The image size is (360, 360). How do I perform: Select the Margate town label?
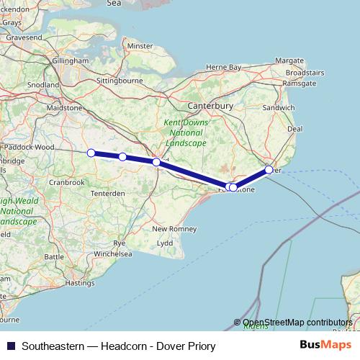pos(289,60)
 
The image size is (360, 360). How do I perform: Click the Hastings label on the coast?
pos(79,283)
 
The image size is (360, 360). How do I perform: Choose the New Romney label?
pos(169,229)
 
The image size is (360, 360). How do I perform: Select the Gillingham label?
pos(69,61)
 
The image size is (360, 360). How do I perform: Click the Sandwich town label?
pos(279,107)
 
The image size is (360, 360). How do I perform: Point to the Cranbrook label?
pos(67,182)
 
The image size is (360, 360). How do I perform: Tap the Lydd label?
pos(165,243)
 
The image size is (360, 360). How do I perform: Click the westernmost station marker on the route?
pos(91,153)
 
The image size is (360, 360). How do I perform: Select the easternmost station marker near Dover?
pos(269,170)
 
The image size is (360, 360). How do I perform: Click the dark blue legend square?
pos(10,346)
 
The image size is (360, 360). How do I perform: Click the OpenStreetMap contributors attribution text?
pos(297,323)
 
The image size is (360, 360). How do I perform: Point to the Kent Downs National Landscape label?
pos(186,133)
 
